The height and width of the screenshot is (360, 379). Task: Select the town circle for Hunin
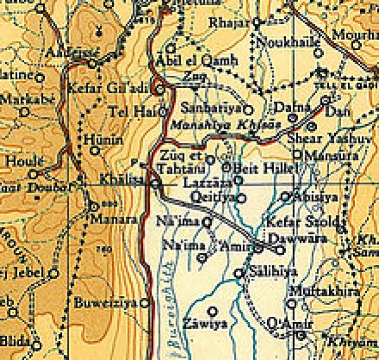(95, 150)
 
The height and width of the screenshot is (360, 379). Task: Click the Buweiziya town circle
(146, 303)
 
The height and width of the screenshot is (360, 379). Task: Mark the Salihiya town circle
(239, 273)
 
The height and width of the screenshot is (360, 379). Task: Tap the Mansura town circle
(297, 154)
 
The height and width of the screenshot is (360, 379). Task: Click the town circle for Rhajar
(258, 22)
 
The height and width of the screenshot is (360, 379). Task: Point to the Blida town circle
(35, 345)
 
